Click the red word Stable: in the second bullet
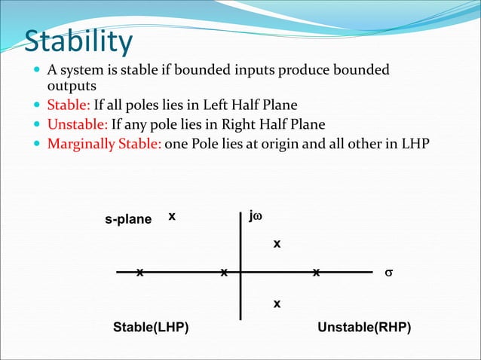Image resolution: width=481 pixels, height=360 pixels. point(69,105)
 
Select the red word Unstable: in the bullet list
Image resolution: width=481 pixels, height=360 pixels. point(78,124)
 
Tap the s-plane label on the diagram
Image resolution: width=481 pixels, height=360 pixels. point(128,219)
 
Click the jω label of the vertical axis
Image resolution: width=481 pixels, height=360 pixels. point(256,217)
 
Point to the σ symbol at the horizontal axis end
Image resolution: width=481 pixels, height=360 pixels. point(389,271)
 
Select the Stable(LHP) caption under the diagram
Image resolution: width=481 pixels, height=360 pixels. point(151,328)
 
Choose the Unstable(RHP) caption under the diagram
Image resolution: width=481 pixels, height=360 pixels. point(364,328)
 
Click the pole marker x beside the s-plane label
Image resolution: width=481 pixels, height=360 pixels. point(172,216)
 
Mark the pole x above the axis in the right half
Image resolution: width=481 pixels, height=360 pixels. point(277,244)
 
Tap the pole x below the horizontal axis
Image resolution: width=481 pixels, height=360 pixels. point(277,304)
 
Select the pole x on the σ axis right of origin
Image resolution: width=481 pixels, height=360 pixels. point(317,271)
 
